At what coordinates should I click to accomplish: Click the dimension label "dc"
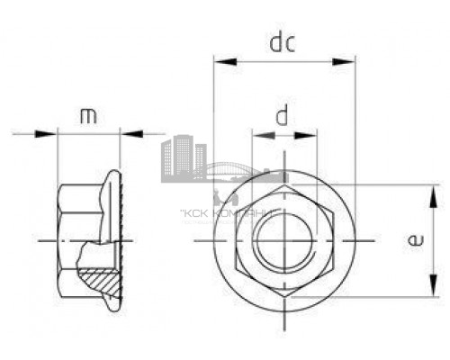283,41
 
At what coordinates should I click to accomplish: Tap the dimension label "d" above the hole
283,115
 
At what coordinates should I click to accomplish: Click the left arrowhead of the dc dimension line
220,61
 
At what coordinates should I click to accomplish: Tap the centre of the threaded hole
283,242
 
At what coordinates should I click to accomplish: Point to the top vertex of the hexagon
283,184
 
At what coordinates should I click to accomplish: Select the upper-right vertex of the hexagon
334,213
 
